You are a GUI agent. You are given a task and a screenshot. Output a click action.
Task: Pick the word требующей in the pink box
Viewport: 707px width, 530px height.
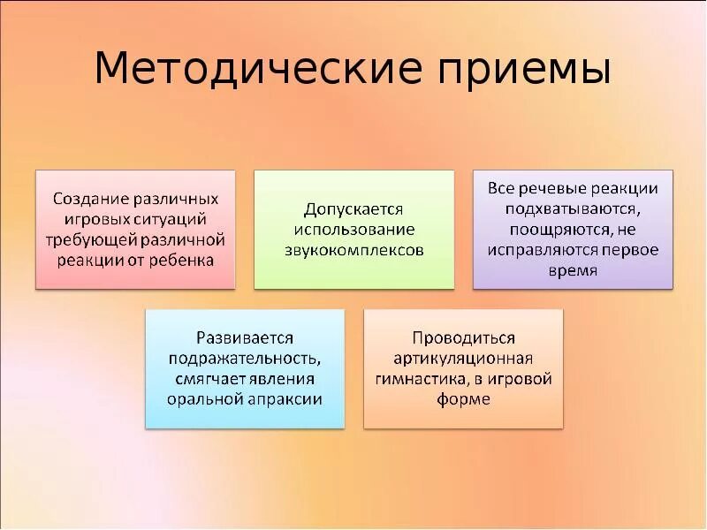[87, 239]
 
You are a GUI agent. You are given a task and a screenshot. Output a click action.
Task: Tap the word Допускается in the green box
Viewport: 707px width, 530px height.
[353, 209]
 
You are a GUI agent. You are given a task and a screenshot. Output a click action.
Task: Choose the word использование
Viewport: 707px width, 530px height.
[353, 230]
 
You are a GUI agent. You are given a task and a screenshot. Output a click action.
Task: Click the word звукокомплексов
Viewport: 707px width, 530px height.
[353, 250]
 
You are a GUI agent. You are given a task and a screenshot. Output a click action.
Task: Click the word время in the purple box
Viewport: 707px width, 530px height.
[573, 270]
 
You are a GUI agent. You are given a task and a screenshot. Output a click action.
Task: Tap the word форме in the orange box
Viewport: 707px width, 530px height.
[463, 398]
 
